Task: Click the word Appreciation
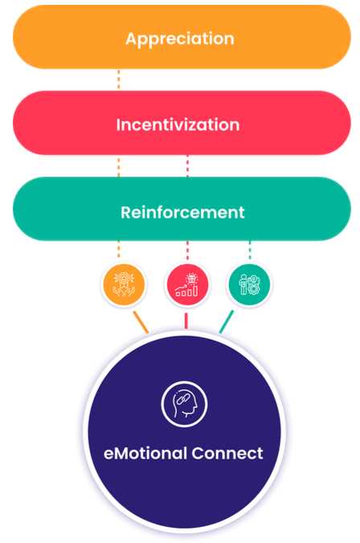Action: pyautogui.click(x=179, y=39)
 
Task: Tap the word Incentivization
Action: pyautogui.click(x=178, y=125)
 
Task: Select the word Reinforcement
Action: pyautogui.click(x=182, y=212)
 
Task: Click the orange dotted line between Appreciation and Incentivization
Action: pyautogui.click(x=119, y=80)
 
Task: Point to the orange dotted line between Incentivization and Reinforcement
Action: pyautogui.click(x=119, y=166)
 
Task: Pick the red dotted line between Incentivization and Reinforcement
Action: pyautogui.click(x=188, y=166)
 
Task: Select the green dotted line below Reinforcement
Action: pyautogui.click(x=250, y=250)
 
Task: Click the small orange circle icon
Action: pyautogui.click(x=124, y=284)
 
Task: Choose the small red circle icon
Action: pyautogui.click(x=187, y=284)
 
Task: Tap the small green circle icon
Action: pyautogui.click(x=249, y=284)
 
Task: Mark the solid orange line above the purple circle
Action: pyautogui.click(x=141, y=322)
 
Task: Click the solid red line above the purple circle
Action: pyautogui.click(x=186, y=321)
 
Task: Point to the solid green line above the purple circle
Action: pyautogui.click(x=227, y=322)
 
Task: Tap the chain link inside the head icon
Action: pyautogui.click(x=181, y=399)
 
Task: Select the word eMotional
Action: pyautogui.click(x=145, y=453)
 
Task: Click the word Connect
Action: pyautogui.click(x=227, y=453)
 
